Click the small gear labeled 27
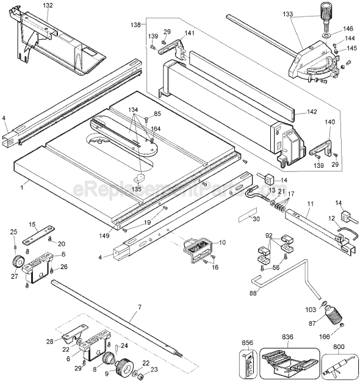16,263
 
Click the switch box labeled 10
198,250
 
